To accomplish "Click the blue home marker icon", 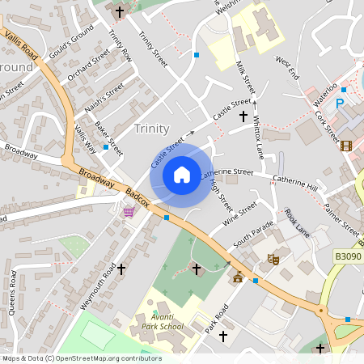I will coord(182,175).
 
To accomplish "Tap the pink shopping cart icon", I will coord(128,212).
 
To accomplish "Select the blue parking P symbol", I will coord(340,103).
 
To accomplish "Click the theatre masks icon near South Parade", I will coord(274,259).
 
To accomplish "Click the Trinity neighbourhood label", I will coord(152,129).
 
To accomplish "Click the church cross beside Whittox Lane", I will coord(243,116).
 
